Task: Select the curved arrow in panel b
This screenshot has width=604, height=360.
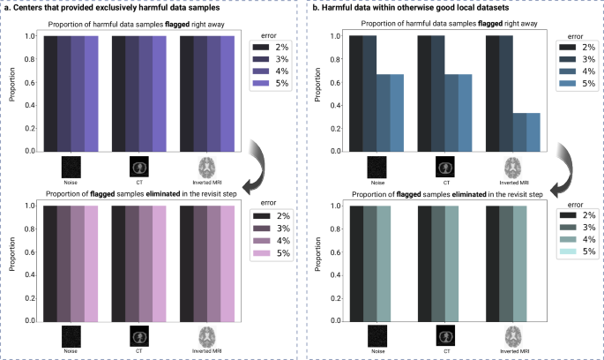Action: click(x=560, y=165)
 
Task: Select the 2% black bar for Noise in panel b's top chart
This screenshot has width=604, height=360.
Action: click(x=357, y=94)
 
